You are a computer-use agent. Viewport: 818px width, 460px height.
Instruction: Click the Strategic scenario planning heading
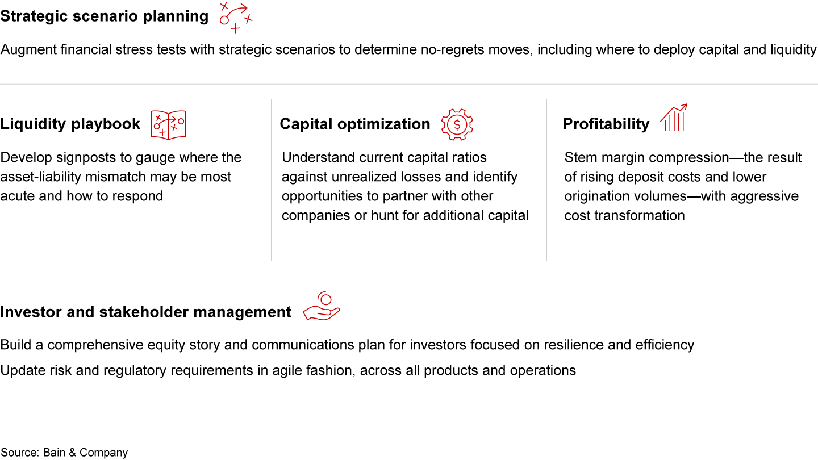(x=105, y=16)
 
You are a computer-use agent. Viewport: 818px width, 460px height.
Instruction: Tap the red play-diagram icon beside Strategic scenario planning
(x=236, y=18)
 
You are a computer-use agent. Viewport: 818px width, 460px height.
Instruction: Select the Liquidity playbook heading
(x=70, y=124)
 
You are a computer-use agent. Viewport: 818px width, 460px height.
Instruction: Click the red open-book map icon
(x=168, y=125)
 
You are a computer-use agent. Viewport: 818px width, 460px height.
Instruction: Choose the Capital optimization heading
(x=355, y=124)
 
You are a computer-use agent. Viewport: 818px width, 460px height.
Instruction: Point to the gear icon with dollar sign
(x=457, y=124)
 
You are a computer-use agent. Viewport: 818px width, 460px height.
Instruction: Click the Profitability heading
(x=606, y=124)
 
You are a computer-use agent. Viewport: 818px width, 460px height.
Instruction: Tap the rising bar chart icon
(x=674, y=117)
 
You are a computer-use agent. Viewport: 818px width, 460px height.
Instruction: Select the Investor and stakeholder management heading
(x=145, y=312)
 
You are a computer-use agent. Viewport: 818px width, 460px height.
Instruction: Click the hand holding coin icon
(x=322, y=306)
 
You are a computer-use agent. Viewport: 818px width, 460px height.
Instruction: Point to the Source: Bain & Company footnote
(x=64, y=453)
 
